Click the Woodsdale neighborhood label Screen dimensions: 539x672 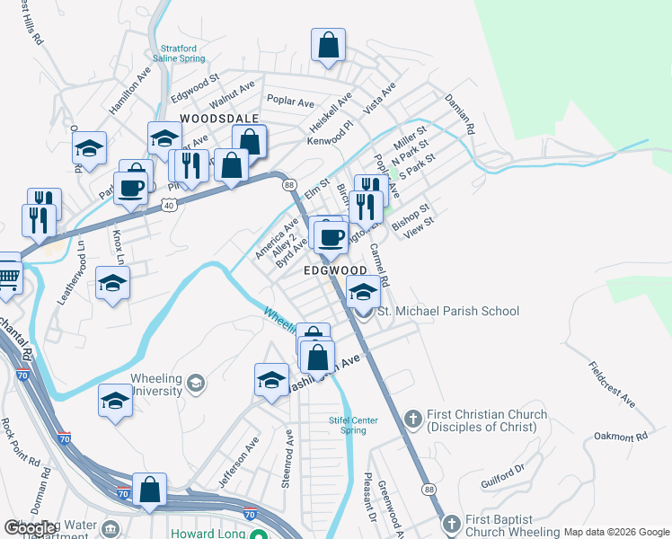pyautogui.click(x=219, y=119)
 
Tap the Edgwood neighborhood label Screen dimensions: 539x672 pyautogui.click(x=334, y=270)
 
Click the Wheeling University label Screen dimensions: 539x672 pyautogui.click(x=157, y=384)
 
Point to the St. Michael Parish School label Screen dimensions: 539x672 pyautogui.click(x=447, y=312)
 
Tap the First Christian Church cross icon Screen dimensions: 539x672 pyautogui.click(x=413, y=418)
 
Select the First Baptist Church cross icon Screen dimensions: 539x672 pyautogui.click(x=452, y=523)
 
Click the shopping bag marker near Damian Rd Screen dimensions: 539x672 pyautogui.click(x=328, y=45)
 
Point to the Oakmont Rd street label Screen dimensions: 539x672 pyautogui.click(x=620, y=437)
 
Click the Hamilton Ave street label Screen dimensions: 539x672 pyautogui.click(x=129, y=91)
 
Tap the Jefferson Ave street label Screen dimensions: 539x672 pyautogui.click(x=240, y=455)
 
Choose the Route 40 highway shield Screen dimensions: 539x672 pyautogui.click(x=168, y=206)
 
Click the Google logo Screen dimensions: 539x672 pyautogui.click(x=31, y=528)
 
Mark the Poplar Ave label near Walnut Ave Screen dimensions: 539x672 pyautogui.click(x=289, y=102)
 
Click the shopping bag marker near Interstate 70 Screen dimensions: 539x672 pyautogui.click(x=150, y=490)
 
